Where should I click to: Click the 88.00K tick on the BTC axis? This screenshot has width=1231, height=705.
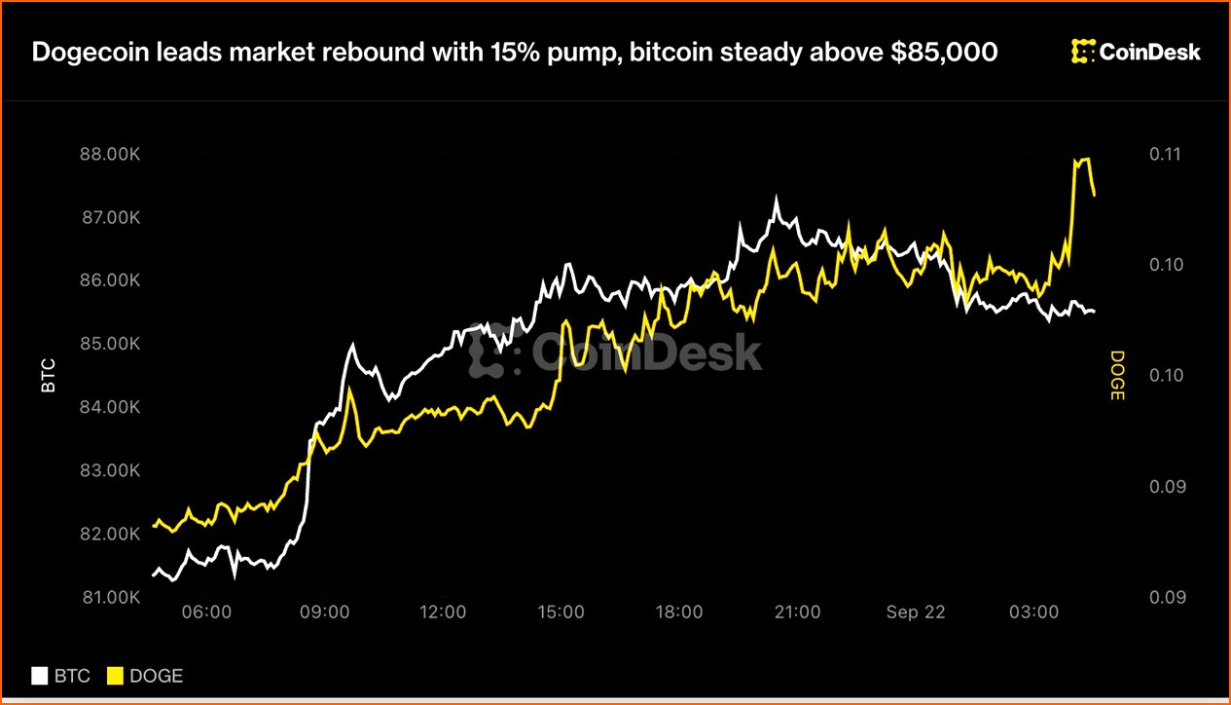point(110,154)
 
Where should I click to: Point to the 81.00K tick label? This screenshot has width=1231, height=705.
point(111,597)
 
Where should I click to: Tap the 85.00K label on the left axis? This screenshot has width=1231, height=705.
point(110,344)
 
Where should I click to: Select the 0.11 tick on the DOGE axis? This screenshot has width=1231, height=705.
point(1165,154)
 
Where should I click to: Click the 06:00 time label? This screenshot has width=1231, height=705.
point(206,612)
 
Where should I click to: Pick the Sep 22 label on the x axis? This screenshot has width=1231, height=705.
point(916,612)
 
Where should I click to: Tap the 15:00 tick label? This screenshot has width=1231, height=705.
point(561,612)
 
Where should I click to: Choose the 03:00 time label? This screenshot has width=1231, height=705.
point(1033,612)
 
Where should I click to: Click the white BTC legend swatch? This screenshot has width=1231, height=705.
point(40,676)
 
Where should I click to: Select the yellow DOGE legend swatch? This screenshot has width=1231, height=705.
point(115,676)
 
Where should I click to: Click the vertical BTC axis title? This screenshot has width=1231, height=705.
point(49,376)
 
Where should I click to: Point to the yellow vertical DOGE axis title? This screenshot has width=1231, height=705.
point(1117,376)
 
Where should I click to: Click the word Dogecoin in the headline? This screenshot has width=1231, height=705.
point(91,53)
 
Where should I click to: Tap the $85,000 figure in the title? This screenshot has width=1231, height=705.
point(944,53)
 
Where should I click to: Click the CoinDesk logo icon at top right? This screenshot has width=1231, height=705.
point(1083,52)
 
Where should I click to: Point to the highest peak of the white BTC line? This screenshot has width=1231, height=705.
point(776,197)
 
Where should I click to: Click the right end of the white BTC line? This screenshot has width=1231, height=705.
point(1095,312)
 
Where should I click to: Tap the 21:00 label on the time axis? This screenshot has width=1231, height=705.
point(797,612)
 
